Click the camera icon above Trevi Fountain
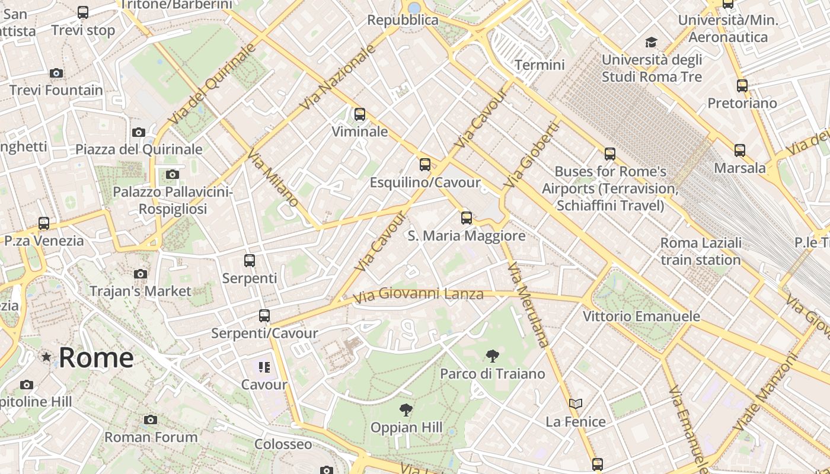pyautogui.click(x=56, y=73)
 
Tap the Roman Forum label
pyautogui.click(x=151, y=437)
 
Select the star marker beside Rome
pyautogui.click(x=46, y=357)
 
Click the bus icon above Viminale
pyautogui.click(x=359, y=114)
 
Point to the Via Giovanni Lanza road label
pyautogui.click(x=419, y=294)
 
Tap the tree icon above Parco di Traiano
pyautogui.click(x=492, y=356)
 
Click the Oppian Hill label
pyautogui.click(x=406, y=427)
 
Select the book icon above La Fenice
pyautogui.click(x=575, y=404)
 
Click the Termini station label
pyautogui.click(x=539, y=65)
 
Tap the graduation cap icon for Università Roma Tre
pyautogui.click(x=651, y=42)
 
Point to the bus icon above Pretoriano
pyautogui.click(x=742, y=86)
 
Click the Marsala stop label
pyautogui.click(x=739, y=168)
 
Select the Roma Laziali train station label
pyautogui.click(x=701, y=251)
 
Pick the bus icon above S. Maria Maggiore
pyautogui.click(x=467, y=218)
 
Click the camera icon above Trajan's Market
pyautogui.click(x=141, y=274)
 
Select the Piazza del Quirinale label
pyautogui.click(x=139, y=149)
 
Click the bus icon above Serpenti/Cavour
pyautogui.click(x=264, y=316)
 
